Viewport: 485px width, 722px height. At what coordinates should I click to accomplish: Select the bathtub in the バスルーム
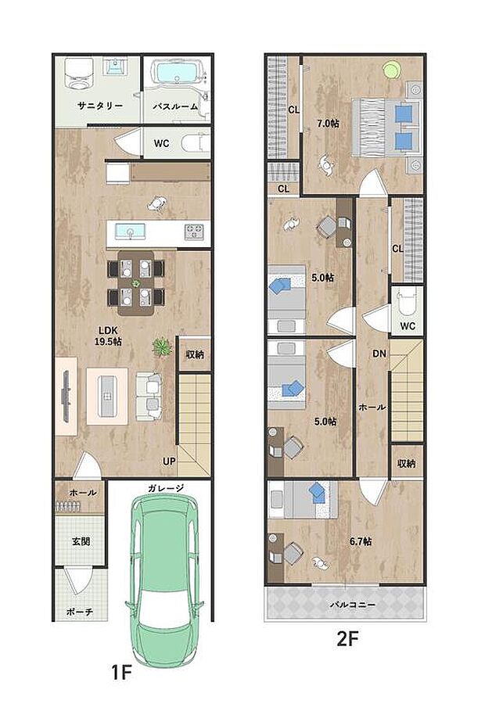[x=176, y=74]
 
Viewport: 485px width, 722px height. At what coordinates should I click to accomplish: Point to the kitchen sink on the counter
[x=128, y=231]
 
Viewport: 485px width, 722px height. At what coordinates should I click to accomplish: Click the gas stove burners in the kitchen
[x=194, y=232]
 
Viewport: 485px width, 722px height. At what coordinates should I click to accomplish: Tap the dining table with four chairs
[x=136, y=282]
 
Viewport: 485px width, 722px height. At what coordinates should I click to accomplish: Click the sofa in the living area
[x=149, y=393]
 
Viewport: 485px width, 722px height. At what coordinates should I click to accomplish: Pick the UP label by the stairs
[x=169, y=461]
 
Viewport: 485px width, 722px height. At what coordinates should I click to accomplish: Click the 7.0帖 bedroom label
[x=328, y=123]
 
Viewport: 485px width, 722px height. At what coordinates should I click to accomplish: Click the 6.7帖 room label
[x=360, y=541]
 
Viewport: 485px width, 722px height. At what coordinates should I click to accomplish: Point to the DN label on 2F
[x=379, y=354]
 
